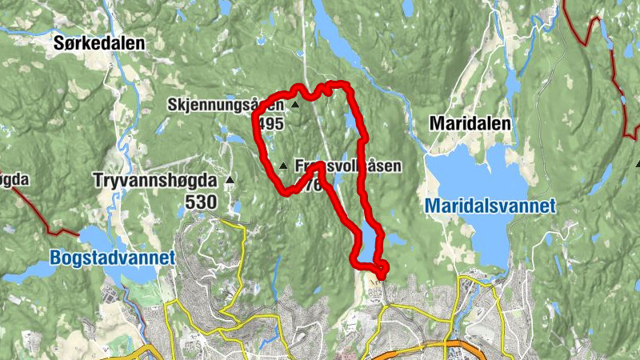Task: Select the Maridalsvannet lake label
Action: pyautogui.click(x=490, y=206)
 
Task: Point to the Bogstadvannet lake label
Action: pyautogui.click(x=112, y=258)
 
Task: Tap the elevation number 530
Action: pyautogui.click(x=201, y=202)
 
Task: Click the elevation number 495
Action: pyautogui.click(x=271, y=123)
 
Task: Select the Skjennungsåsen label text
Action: pyautogui.click(x=226, y=105)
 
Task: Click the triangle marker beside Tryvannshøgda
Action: pyautogui.click(x=231, y=180)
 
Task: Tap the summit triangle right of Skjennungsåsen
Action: pyautogui.click(x=294, y=105)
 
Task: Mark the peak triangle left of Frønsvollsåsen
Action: pyautogui.click(x=283, y=166)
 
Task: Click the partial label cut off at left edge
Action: pyautogui.click(x=14, y=179)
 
